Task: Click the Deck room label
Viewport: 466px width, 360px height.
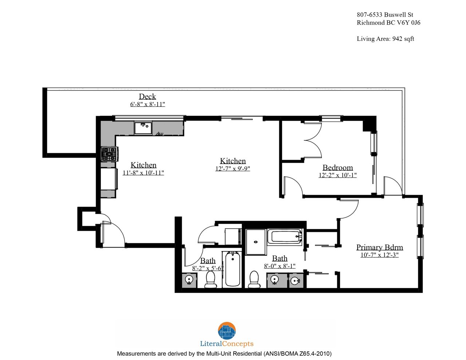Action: click(x=147, y=96)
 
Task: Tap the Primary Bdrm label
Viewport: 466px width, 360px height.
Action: click(x=380, y=247)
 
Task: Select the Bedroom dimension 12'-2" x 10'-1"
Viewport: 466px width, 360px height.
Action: click(x=338, y=175)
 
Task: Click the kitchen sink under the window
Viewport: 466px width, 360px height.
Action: click(x=143, y=128)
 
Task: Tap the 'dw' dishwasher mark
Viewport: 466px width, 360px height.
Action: click(x=160, y=134)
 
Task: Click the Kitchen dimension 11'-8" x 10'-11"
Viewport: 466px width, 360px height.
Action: click(x=143, y=173)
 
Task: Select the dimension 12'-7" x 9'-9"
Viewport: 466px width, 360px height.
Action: click(x=233, y=169)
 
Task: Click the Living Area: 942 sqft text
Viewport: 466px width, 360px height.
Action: click(x=386, y=39)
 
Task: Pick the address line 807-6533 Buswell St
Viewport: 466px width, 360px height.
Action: click(x=385, y=15)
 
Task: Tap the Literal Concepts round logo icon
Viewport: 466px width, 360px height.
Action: click(x=227, y=331)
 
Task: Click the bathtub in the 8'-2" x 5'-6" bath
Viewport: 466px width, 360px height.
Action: click(x=233, y=269)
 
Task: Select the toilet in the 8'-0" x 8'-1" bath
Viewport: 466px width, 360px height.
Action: click(x=254, y=280)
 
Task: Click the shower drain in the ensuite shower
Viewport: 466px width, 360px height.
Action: click(x=256, y=242)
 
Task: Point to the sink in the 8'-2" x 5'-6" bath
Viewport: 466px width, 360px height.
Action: click(x=189, y=280)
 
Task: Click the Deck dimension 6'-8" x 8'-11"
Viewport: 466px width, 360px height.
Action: click(x=147, y=104)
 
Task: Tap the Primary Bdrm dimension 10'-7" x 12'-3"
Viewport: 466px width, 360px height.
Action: click(x=380, y=255)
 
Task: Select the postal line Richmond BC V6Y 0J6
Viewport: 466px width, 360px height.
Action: click(x=388, y=23)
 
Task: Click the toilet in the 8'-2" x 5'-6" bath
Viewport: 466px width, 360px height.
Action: click(x=210, y=280)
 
